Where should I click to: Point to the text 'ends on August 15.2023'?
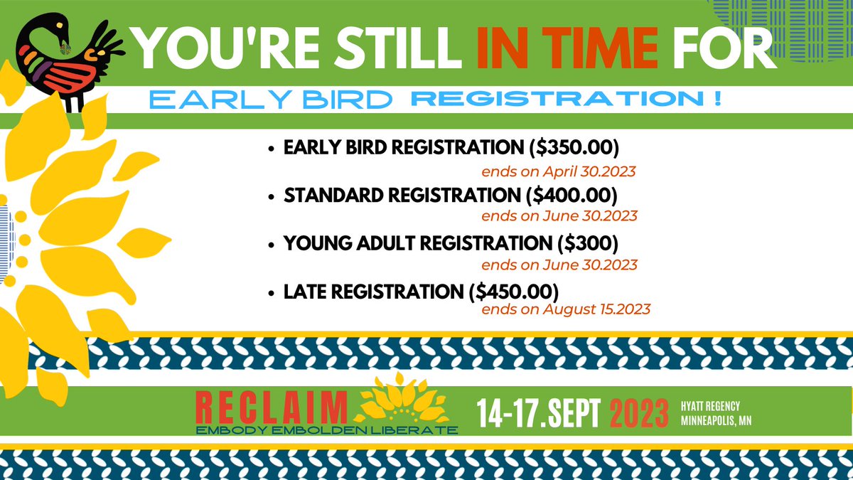[566, 310]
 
